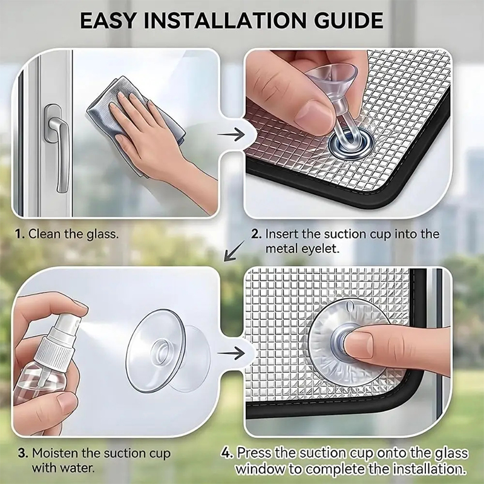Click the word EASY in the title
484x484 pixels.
pyautogui.click(x=108, y=21)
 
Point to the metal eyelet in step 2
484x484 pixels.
pyautogui.click(x=351, y=145)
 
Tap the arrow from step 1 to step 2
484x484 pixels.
pyautogui.click(x=231, y=134)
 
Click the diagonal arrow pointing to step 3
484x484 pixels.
pyautogui.click(x=234, y=251)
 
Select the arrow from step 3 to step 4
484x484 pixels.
pyautogui.click(x=231, y=353)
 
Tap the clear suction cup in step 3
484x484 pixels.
pyautogui.click(x=168, y=351)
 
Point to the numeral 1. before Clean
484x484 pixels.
pyautogui.click(x=20, y=234)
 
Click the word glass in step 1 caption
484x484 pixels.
pyautogui.click(x=102, y=234)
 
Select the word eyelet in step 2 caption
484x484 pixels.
pyautogui.click(x=321, y=249)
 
